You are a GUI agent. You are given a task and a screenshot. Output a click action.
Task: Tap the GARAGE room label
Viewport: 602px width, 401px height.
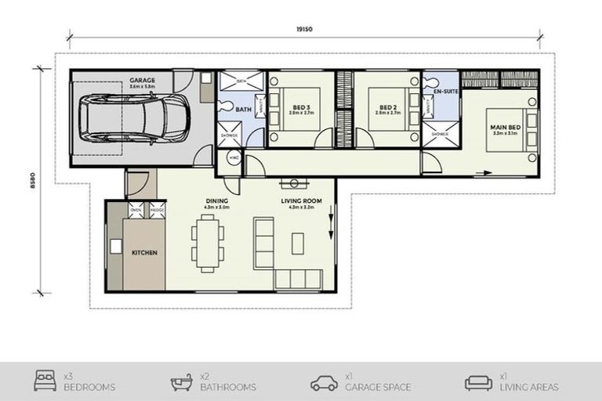tap(142, 80)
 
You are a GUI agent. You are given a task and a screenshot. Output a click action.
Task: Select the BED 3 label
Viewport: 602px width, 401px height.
tap(301, 108)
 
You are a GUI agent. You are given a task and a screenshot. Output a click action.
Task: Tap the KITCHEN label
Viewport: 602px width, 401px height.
tap(145, 253)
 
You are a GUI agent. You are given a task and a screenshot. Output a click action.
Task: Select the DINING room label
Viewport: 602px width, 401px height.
tap(217, 201)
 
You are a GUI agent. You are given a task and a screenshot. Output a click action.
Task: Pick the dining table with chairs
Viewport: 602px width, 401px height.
tap(208, 244)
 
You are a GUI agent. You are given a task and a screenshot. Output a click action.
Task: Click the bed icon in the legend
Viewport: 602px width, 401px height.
tap(45, 382)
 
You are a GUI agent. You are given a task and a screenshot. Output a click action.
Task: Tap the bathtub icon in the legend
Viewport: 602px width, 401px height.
tap(182, 382)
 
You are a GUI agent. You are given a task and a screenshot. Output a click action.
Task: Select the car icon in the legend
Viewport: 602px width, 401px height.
tap(324, 383)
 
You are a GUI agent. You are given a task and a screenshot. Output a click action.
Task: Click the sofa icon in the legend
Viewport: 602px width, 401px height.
tap(478, 382)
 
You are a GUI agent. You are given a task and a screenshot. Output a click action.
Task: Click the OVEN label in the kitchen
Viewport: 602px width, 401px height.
tap(136, 210)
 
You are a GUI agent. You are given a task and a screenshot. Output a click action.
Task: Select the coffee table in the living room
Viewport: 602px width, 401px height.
tap(298, 243)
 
